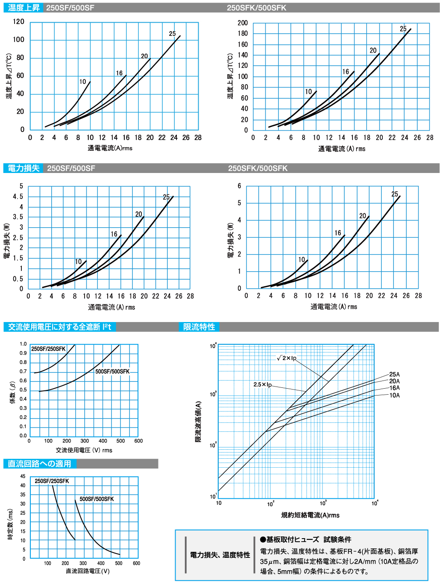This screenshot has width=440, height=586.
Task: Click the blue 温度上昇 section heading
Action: [x=23, y=8]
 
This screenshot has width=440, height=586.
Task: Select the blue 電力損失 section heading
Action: [x=23, y=168]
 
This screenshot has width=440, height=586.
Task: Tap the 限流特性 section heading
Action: [x=199, y=327]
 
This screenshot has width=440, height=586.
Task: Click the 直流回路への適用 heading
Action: [x=39, y=464]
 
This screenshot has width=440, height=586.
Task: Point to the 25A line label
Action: [x=394, y=375]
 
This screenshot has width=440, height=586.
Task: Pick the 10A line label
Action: [x=394, y=396]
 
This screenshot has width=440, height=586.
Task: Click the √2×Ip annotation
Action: [x=287, y=358]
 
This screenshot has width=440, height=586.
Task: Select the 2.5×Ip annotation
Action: [x=262, y=384]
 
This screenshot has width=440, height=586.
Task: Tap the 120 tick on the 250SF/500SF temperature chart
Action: [x=18, y=21]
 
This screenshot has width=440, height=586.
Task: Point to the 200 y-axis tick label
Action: [x=243, y=23]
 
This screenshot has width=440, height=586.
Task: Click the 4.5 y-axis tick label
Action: [x=18, y=196]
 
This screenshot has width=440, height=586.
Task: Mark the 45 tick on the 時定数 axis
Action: [x=23, y=476]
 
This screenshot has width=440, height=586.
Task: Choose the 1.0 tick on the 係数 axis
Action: [x=23, y=344]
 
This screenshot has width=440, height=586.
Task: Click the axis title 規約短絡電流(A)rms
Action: [x=310, y=515]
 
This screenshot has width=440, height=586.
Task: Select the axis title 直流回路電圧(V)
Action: [x=88, y=571]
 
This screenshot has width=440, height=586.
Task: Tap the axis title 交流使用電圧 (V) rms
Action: [x=84, y=450]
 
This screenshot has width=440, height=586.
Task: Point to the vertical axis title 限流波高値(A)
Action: [x=198, y=422]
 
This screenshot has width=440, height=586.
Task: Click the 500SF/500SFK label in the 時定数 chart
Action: [x=97, y=499]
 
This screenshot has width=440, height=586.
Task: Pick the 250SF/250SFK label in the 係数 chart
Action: [x=48, y=349]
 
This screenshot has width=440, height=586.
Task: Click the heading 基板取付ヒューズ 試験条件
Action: [x=305, y=539]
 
